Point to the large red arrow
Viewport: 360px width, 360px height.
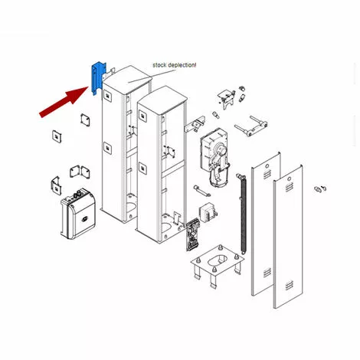click(64, 103)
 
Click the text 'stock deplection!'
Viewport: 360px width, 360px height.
click(175, 65)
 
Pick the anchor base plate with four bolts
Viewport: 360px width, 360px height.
click(218, 266)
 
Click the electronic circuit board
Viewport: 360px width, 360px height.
click(193, 234)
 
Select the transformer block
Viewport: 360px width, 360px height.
click(208, 212)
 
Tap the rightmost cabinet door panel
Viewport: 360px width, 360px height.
click(288, 237)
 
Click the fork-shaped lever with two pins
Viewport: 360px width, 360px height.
click(250, 126)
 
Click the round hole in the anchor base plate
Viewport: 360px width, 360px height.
click(218, 260)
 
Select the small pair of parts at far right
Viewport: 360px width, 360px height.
click(320, 189)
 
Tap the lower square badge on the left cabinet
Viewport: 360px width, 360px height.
click(107, 148)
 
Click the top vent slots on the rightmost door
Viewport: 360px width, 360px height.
click(289, 188)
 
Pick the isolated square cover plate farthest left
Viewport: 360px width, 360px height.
click(57, 136)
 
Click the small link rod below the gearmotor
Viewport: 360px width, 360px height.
click(201, 191)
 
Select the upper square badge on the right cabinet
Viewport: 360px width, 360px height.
click(142, 116)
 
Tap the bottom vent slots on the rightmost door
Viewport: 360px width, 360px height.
click(289, 286)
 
